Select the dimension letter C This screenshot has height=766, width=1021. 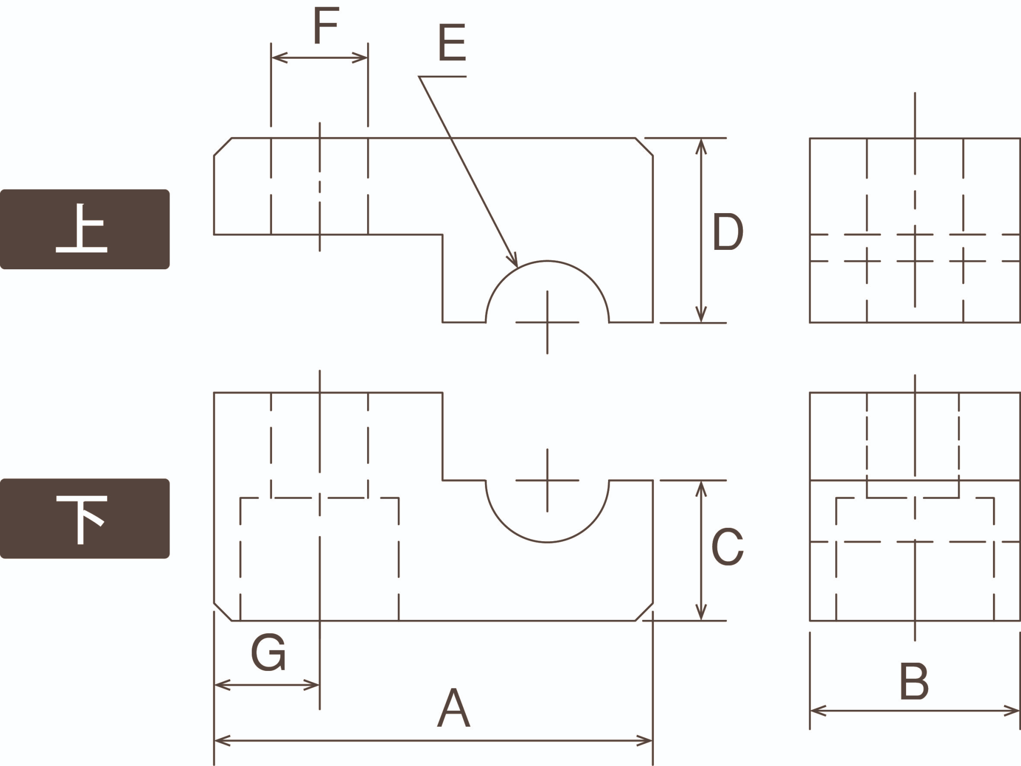pos(727,547)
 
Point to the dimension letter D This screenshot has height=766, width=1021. pos(727,232)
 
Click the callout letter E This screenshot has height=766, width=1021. pos(452,43)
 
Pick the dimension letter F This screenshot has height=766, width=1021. pos(326,26)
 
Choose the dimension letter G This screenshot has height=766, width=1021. pos(268,653)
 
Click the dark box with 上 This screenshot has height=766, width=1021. pos(85,229)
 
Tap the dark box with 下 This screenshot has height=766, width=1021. pos(85,518)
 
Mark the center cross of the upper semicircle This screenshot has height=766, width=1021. pos(547,322)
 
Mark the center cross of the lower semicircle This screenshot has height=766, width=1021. pos(547,480)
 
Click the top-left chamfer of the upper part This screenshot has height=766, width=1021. pos(223,147)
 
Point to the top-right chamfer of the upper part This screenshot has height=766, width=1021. pos(644,147)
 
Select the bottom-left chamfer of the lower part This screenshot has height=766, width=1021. pos(223,612)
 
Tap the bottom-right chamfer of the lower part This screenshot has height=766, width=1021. pos(644,612)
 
